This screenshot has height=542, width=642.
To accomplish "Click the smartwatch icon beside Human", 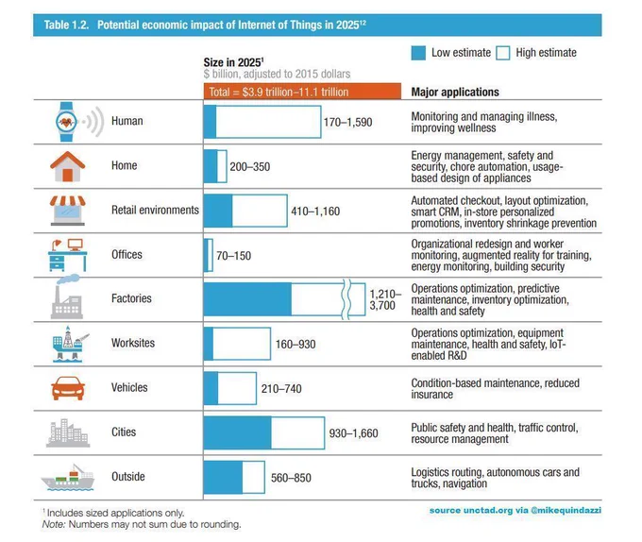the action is (66, 122).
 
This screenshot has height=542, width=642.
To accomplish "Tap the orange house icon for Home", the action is (68, 166).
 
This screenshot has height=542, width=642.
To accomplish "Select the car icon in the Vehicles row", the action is (68, 388).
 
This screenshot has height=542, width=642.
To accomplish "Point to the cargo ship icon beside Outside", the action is (68, 477).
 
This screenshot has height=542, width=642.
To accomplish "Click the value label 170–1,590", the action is (348, 122).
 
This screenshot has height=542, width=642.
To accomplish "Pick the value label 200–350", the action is (250, 166).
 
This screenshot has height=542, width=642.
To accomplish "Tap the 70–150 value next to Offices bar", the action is (233, 256).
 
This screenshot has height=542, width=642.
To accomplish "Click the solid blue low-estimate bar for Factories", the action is (247, 299).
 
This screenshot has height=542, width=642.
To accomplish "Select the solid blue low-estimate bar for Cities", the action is (238, 432).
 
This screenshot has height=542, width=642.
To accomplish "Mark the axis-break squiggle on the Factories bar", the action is (346, 299).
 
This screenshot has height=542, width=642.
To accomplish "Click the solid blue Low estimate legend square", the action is (418, 53).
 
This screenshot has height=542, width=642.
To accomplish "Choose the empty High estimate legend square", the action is (503, 53).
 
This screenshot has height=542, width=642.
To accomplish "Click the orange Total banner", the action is (302, 92).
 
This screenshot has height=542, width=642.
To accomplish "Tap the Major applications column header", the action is (455, 93).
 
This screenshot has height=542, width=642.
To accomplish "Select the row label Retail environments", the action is (155, 210).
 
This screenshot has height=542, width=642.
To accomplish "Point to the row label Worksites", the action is (133, 343).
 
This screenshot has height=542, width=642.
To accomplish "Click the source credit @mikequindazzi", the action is (566, 510).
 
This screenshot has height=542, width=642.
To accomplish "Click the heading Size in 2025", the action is (233, 62).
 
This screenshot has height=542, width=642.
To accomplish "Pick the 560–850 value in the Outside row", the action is (291, 478).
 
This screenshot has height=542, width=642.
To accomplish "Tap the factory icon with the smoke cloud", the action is (67, 296).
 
